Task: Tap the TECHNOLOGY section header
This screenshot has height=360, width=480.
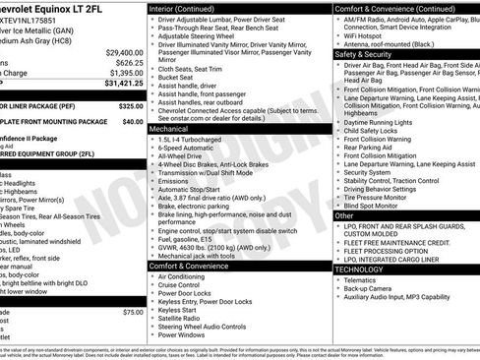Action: (x=360, y=268)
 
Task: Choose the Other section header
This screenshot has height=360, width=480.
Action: (x=344, y=214)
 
